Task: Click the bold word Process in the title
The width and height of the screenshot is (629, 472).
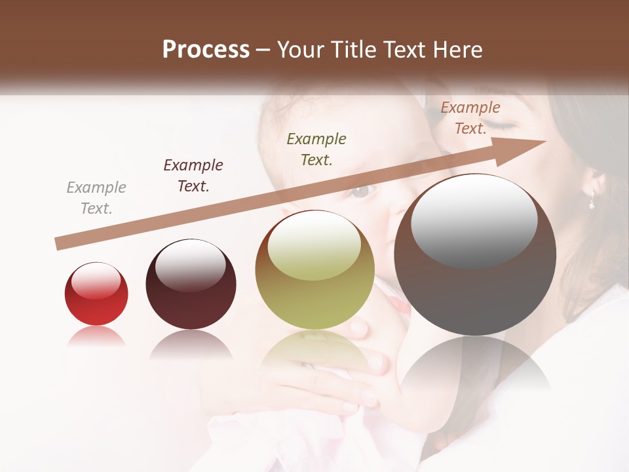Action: click(206, 50)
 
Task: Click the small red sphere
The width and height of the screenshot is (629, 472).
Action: click(96, 294)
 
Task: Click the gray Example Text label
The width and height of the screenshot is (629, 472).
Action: click(96, 198)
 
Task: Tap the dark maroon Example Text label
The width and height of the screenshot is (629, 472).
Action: click(193, 176)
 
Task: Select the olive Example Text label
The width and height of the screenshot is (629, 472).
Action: click(316, 149)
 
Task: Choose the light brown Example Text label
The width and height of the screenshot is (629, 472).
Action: click(470, 118)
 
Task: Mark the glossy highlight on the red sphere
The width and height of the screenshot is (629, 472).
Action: click(96, 280)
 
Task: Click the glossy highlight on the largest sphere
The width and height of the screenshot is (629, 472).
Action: click(474, 219)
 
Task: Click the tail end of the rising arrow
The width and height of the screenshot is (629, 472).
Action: click(59, 244)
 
